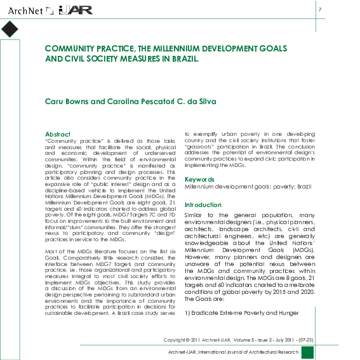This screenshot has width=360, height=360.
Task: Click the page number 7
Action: click(x=320, y=10)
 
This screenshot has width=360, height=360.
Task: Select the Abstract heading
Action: click(x=58, y=134)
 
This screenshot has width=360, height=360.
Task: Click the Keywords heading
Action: click(x=200, y=180)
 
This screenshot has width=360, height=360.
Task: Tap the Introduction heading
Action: click(x=203, y=205)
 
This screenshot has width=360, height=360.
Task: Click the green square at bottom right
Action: click(x=307, y=352)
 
